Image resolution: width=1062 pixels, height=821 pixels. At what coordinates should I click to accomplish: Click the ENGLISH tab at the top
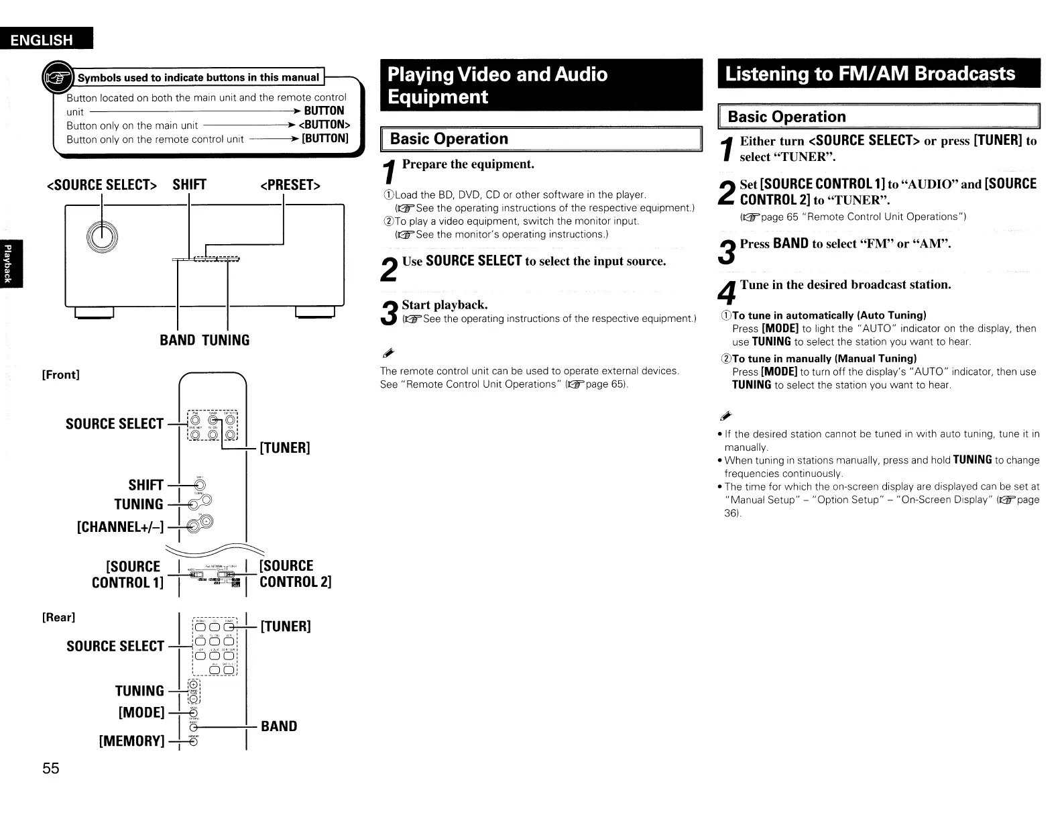point(45,40)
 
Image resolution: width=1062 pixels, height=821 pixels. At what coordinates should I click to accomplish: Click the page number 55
point(51,769)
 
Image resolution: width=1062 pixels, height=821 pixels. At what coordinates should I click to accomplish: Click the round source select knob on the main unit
point(102,233)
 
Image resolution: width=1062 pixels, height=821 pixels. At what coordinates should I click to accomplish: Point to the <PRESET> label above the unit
point(290,185)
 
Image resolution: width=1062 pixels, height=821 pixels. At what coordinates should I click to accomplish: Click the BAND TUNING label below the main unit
point(204,340)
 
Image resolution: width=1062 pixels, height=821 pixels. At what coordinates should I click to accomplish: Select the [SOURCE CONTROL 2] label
point(295,573)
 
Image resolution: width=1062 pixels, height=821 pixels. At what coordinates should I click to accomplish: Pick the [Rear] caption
point(58,617)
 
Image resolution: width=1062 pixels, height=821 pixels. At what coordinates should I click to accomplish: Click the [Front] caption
point(60,374)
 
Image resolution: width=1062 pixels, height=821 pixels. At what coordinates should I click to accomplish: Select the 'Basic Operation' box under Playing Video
point(540,140)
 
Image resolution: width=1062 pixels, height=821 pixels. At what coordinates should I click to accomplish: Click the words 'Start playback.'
point(445,305)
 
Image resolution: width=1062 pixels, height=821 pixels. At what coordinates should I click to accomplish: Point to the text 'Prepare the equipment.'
point(468,164)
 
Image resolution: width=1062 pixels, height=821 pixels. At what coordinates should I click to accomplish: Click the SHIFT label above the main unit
point(189,185)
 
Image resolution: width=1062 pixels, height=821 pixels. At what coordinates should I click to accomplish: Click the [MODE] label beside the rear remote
point(141,712)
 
